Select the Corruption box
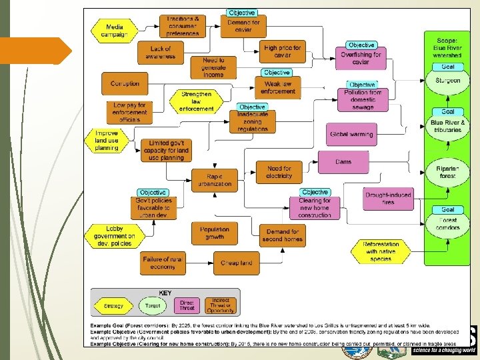click(x=125, y=84)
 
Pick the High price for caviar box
click(x=283, y=52)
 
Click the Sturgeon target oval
click(x=447, y=81)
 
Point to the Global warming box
click(x=351, y=134)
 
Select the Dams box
click(x=343, y=161)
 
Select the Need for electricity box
click(x=279, y=172)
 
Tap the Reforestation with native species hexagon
click(x=381, y=251)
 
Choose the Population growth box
click(x=214, y=232)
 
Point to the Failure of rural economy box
click(x=164, y=263)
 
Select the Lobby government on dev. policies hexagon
click(x=112, y=235)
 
